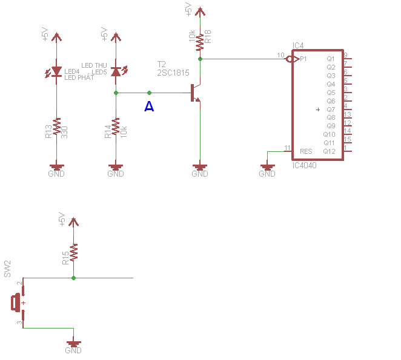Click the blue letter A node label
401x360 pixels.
tap(149, 107)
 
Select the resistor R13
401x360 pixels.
tap(56, 128)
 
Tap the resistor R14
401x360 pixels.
tap(116, 128)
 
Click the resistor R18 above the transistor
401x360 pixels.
tap(200, 42)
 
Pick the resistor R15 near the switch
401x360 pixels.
tap(74, 253)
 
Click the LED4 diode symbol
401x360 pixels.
tap(56, 71)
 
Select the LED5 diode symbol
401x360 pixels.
tap(116, 71)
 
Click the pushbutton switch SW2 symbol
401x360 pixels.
tap(17, 302)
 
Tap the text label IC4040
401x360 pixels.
tap(304, 165)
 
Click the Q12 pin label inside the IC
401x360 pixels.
tap(329, 151)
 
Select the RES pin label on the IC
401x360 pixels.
tap(306, 151)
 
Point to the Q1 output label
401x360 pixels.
tap(331, 59)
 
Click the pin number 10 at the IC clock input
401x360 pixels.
tap(280, 55)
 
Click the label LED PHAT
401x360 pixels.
tap(79, 77)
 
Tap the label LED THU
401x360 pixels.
tap(94, 65)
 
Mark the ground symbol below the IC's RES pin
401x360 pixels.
tap(267, 167)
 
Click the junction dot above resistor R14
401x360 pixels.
tap(116, 93)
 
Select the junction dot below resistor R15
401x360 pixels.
tap(74, 278)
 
